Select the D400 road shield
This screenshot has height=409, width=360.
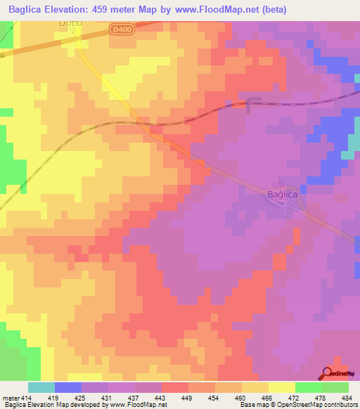click(x=122, y=29)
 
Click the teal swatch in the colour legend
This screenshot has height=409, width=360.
click(x=41, y=387)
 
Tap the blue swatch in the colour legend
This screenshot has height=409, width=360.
click(x=68, y=387)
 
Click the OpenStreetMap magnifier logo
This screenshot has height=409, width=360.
click(x=328, y=373)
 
